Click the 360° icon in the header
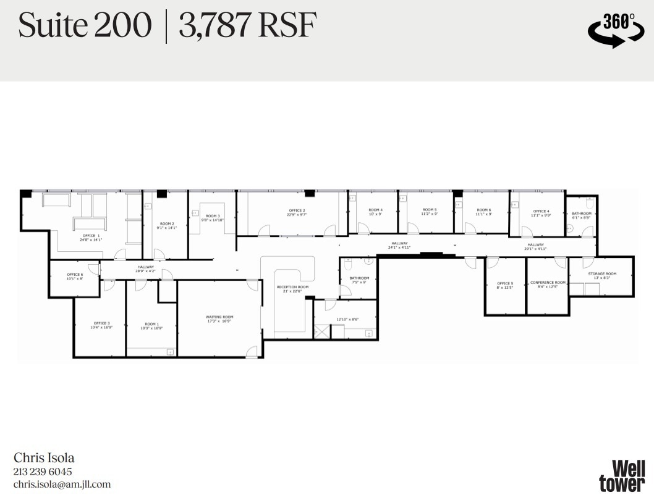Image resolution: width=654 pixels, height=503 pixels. coord(615,30)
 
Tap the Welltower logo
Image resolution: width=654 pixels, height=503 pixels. coord(621,476)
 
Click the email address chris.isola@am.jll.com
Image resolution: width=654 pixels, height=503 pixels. coord(62,484)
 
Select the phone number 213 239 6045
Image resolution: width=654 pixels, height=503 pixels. coord(43,472)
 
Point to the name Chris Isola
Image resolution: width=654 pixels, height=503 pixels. coord(44,458)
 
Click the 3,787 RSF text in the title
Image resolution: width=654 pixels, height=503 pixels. coord(247,27)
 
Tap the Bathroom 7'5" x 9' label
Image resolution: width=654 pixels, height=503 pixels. coord(359,280)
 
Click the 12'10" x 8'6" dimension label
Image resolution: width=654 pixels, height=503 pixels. coord(347,319)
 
